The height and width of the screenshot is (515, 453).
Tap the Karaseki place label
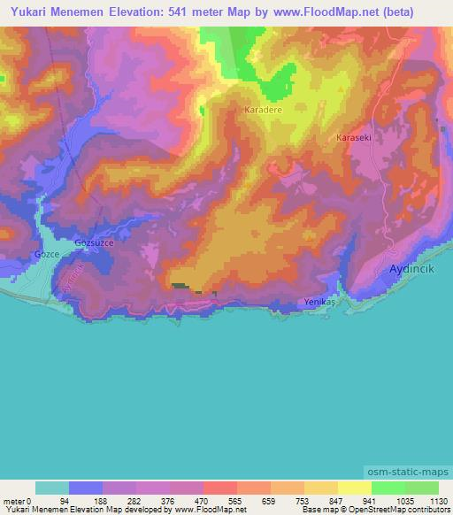click(353, 138)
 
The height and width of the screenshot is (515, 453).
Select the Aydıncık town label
click(413, 268)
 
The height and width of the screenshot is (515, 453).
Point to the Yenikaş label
click(321, 302)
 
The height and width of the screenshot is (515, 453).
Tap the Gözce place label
click(46, 254)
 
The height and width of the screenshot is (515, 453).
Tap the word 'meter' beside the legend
click(13, 500)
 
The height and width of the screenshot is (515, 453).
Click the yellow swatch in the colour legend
click(354, 488)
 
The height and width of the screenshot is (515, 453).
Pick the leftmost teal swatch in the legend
click(52, 488)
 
